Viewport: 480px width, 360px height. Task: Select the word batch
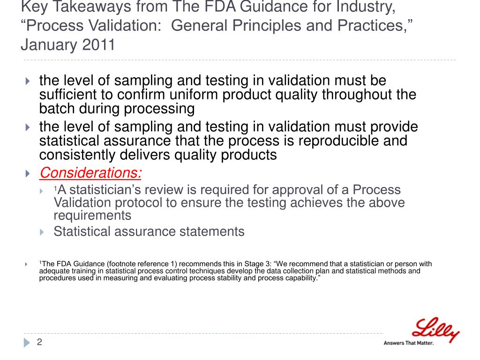pos(56,109)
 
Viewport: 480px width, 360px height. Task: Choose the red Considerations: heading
pos(90,173)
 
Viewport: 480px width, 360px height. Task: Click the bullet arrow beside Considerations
pos(27,174)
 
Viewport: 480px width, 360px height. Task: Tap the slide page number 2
pos(39,342)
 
